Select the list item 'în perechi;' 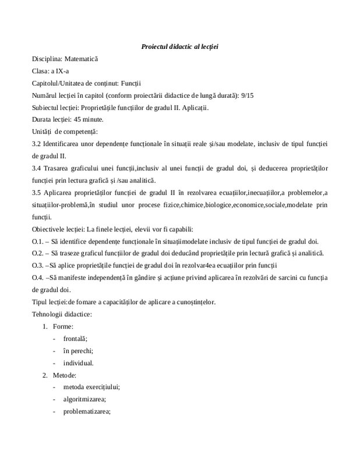point(79,351)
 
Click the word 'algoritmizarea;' point(84,400)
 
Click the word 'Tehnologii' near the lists point(48,314)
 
